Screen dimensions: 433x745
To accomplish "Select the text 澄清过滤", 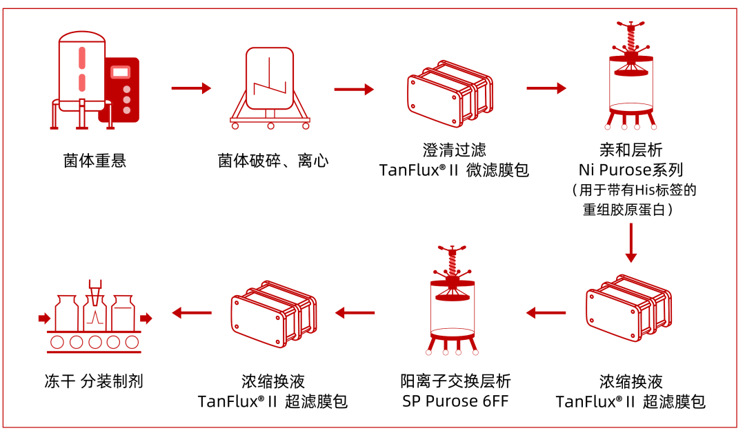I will [x=454, y=150].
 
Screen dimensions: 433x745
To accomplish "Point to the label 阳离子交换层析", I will [x=455, y=381].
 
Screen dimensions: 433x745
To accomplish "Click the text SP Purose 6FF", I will [x=455, y=401].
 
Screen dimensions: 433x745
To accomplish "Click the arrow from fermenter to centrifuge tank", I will [x=191, y=88].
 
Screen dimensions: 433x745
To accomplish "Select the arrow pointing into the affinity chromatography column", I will [x=546, y=88].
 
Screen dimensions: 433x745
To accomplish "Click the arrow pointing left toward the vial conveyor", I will [x=191, y=313].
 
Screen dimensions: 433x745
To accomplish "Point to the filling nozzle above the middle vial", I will [x=93, y=290].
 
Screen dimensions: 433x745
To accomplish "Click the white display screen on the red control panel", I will [x=122, y=72].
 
